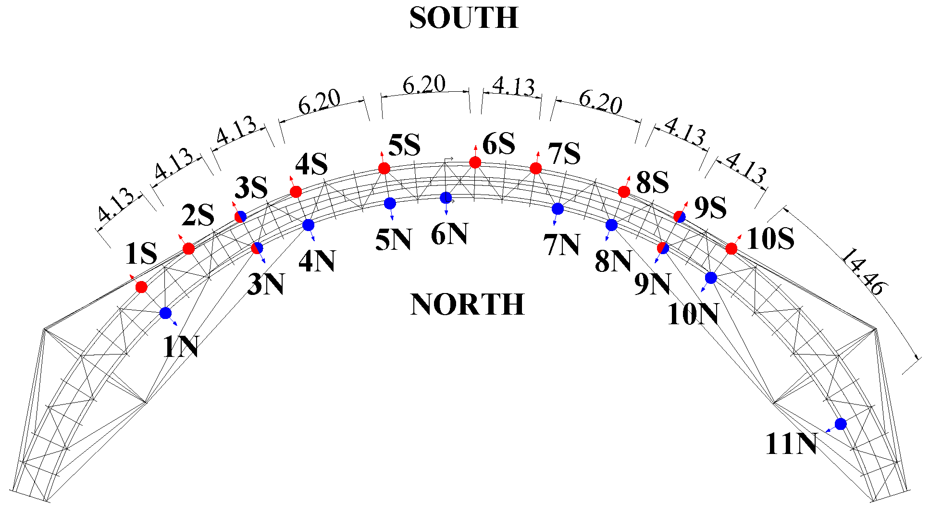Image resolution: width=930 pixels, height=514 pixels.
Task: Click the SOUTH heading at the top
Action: point(464,18)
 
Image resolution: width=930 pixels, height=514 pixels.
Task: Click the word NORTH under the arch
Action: point(467,305)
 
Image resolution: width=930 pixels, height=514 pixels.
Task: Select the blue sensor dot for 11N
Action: point(841,424)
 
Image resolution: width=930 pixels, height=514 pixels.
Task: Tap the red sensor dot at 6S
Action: point(475,162)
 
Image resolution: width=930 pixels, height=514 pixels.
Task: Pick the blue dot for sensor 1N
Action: point(165,313)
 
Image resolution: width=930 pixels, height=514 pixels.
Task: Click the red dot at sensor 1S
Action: point(141,287)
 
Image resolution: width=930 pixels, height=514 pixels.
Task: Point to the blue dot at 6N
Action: point(446,197)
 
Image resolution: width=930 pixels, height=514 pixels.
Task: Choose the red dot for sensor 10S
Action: point(732,248)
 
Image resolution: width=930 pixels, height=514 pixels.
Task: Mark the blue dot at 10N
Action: point(711,278)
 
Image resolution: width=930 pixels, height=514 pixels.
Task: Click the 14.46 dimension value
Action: point(863,272)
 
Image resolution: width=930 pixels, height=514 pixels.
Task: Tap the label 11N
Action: point(791,444)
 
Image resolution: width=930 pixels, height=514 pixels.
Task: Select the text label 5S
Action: point(404,145)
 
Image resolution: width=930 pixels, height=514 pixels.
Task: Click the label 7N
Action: point(562,245)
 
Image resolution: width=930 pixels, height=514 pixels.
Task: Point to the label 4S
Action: point(311,165)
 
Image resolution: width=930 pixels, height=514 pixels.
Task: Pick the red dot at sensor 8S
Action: point(624,192)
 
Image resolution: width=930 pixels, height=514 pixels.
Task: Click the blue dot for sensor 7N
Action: point(558,208)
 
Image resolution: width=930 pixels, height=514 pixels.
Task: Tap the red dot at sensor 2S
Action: point(188,249)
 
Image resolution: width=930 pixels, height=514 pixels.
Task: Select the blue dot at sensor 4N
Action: point(309,225)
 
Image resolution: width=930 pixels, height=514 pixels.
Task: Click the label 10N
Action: point(693,315)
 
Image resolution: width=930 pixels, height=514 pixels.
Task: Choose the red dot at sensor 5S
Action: point(384,168)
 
